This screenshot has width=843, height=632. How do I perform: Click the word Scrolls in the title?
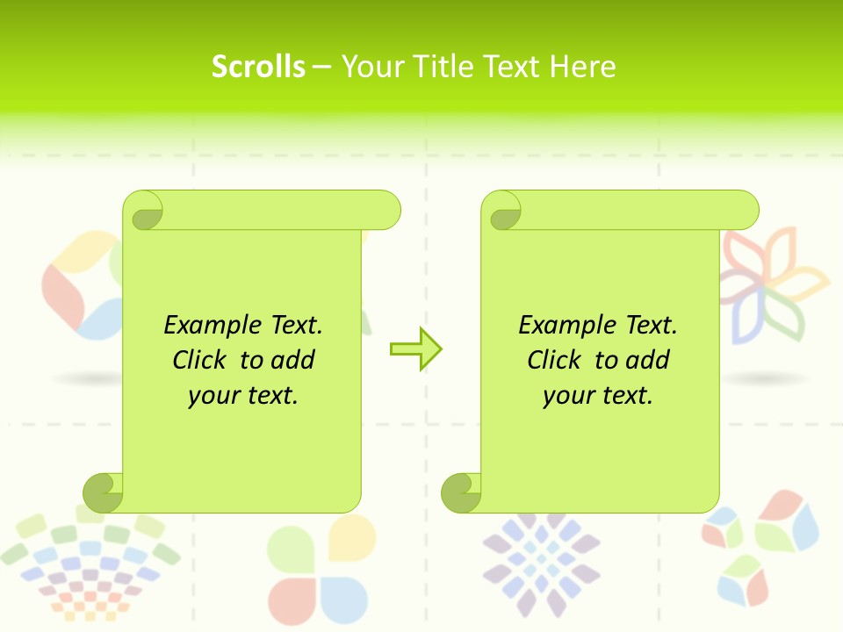(x=258, y=67)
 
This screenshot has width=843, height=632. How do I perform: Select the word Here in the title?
(x=582, y=67)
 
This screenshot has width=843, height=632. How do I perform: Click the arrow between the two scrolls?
(x=416, y=349)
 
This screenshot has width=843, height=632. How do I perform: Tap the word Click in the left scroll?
(x=202, y=360)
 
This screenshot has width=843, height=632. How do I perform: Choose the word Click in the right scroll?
(x=557, y=360)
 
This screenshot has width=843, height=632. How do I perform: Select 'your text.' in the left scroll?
(x=243, y=396)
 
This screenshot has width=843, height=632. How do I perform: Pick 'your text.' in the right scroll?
(x=598, y=396)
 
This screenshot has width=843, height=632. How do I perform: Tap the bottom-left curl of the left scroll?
(x=104, y=492)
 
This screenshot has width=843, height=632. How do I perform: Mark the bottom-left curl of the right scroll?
(x=461, y=492)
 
